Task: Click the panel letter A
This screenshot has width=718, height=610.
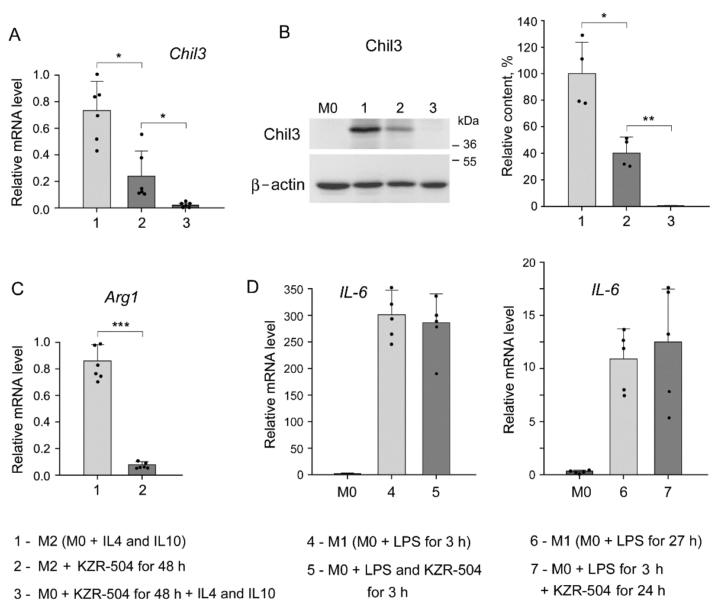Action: (15, 35)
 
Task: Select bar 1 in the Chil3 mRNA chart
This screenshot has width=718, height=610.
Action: (97, 159)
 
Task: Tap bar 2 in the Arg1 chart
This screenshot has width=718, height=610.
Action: (142, 470)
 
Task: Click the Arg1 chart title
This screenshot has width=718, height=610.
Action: (122, 298)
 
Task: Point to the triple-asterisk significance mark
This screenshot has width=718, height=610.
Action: (120, 324)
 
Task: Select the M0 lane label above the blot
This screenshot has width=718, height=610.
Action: (327, 108)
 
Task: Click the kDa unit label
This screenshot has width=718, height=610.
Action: (468, 121)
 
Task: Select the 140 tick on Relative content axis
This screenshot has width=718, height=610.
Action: (527, 22)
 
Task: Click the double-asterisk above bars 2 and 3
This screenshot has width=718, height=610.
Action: (649, 120)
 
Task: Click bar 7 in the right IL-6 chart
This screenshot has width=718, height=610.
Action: (668, 408)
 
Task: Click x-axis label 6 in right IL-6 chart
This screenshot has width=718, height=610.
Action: (623, 492)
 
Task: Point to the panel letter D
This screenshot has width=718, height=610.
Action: (253, 288)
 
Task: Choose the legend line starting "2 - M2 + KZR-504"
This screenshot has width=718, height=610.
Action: (99, 566)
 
